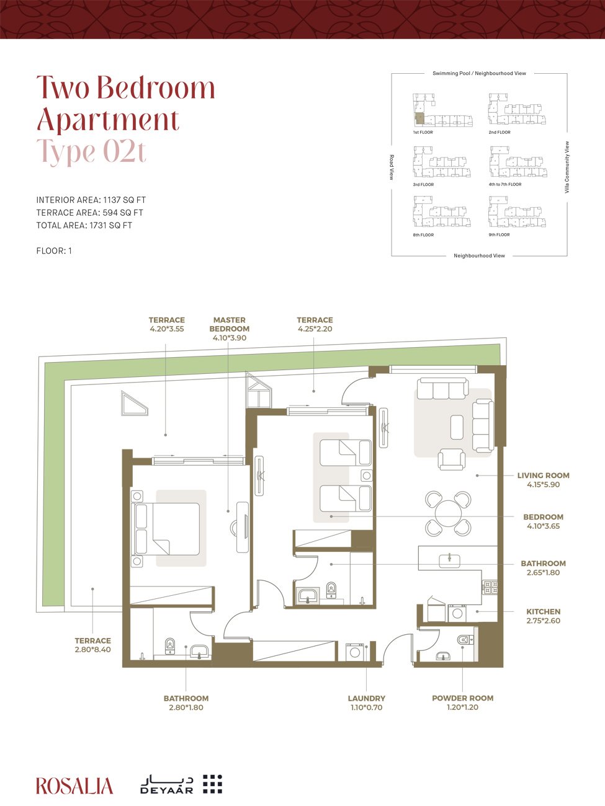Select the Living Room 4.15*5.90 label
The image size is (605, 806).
544,479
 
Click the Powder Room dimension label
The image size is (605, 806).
462,702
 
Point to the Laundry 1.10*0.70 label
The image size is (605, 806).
367,703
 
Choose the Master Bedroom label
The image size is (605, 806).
229,329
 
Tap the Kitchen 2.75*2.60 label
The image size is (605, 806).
544,616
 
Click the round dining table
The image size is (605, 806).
448,513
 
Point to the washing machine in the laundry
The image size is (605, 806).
355,652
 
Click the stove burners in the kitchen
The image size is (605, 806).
490,587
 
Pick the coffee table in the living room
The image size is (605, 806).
457,427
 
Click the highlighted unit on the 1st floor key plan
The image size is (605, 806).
419,118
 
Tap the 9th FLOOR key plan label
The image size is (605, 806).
500,234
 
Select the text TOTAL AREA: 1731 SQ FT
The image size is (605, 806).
84,225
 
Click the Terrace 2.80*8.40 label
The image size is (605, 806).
93,645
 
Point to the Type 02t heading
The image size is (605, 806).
91,151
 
